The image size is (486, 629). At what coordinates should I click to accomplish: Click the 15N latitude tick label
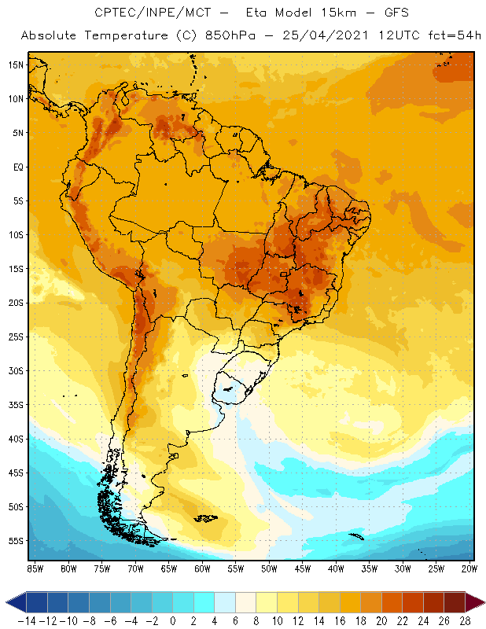pyautogui.click(x=16, y=64)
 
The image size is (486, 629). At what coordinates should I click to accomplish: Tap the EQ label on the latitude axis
pyautogui.click(x=17, y=167)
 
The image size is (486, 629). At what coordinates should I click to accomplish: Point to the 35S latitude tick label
pyautogui.click(x=16, y=405)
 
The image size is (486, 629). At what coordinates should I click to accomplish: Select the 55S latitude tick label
pyautogui.click(x=16, y=541)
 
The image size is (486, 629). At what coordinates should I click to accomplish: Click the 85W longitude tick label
pyautogui.click(x=35, y=568)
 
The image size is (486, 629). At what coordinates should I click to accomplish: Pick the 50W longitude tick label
pyautogui.click(x=269, y=568)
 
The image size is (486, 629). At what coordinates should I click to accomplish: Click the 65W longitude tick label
pyautogui.click(x=168, y=568)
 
